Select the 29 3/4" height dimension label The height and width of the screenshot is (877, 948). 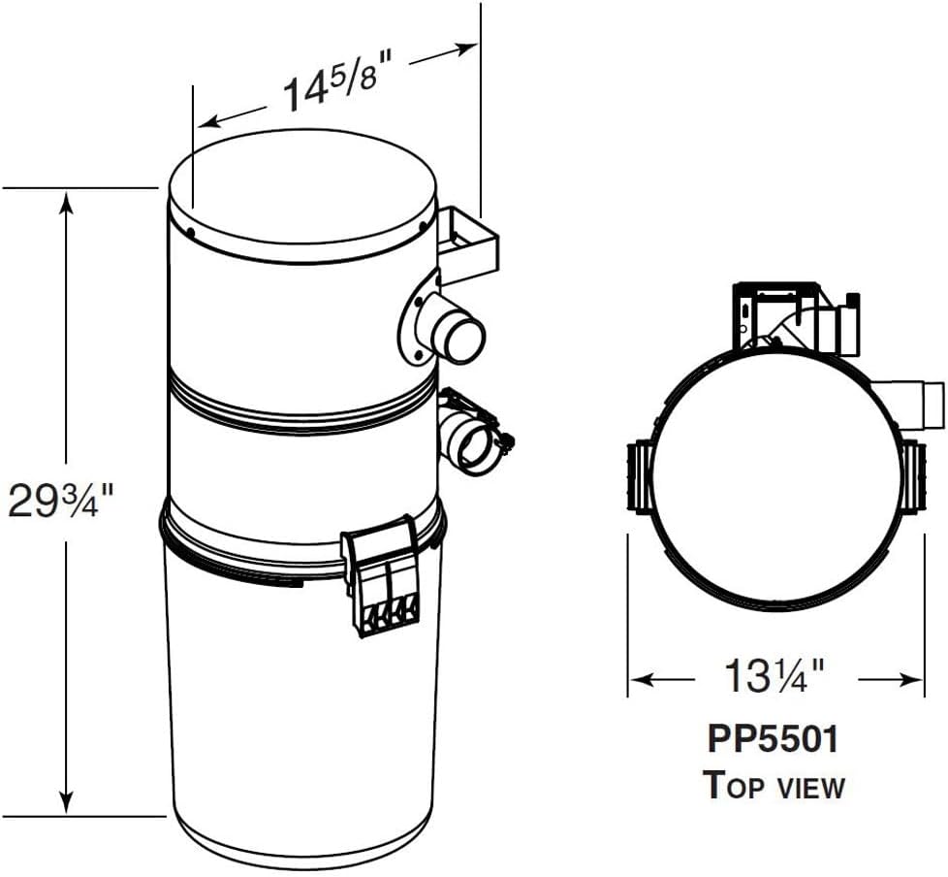tap(60, 500)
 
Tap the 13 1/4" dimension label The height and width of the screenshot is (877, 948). tap(774, 677)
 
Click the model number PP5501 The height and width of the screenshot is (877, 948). tap(774, 739)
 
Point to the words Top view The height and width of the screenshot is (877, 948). tap(774, 785)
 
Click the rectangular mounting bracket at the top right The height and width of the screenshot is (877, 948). tap(468, 244)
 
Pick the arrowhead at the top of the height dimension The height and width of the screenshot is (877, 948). tap(67, 202)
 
